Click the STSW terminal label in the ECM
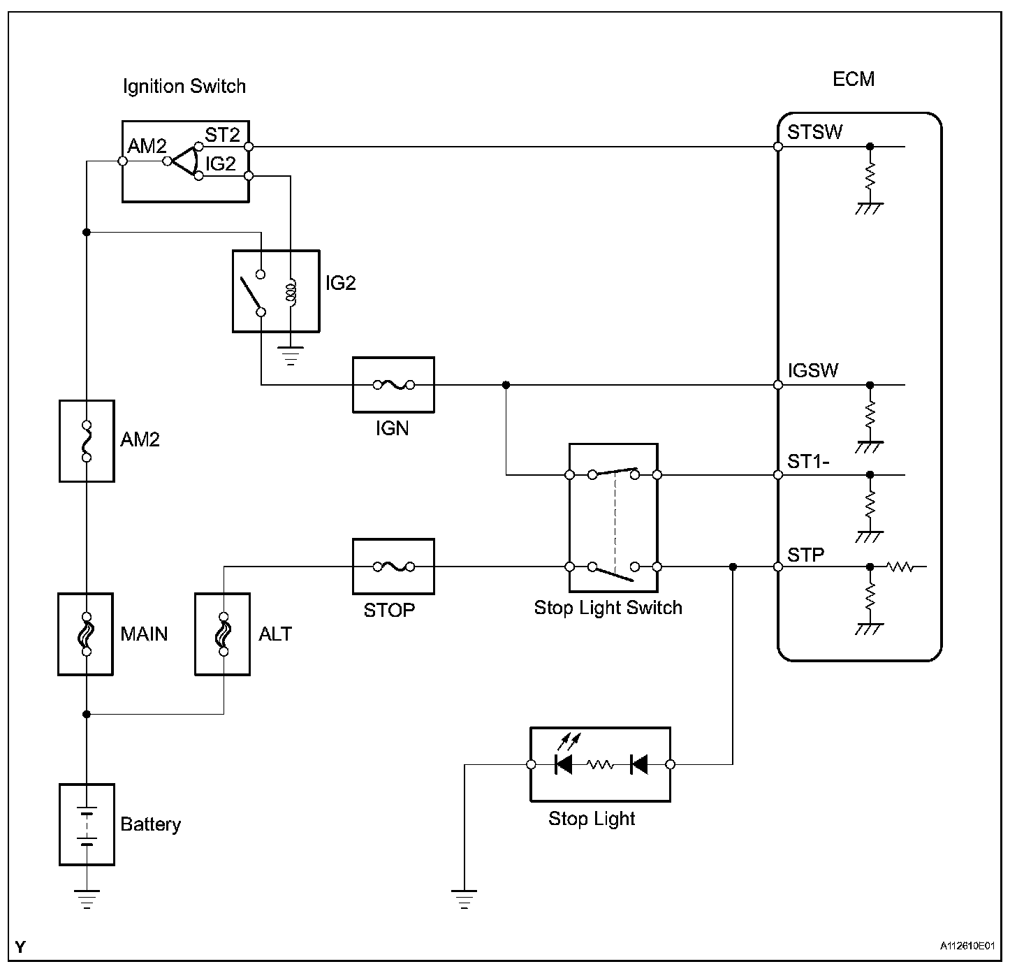click(814, 132)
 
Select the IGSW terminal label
click(812, 371)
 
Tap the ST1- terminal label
click(808, 462)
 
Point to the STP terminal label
click(805, 555)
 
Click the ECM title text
click(854, 80)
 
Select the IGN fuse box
click(393, 385)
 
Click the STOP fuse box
click(393, 567)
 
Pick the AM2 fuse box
click(87, 441)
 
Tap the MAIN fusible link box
click(86, 634)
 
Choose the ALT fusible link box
click(223, 634)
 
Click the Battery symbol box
click(87, 825)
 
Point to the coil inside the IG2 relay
click(291, 292)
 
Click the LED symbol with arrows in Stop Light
click(565, 757)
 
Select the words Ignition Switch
click(184, 86)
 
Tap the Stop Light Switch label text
click(608, 608)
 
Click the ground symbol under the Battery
click(87, 899)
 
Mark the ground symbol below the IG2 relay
click(291, 356)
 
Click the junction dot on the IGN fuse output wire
click(506, 385)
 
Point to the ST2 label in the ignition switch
click(222, 135)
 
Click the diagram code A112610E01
click(967, 946)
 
